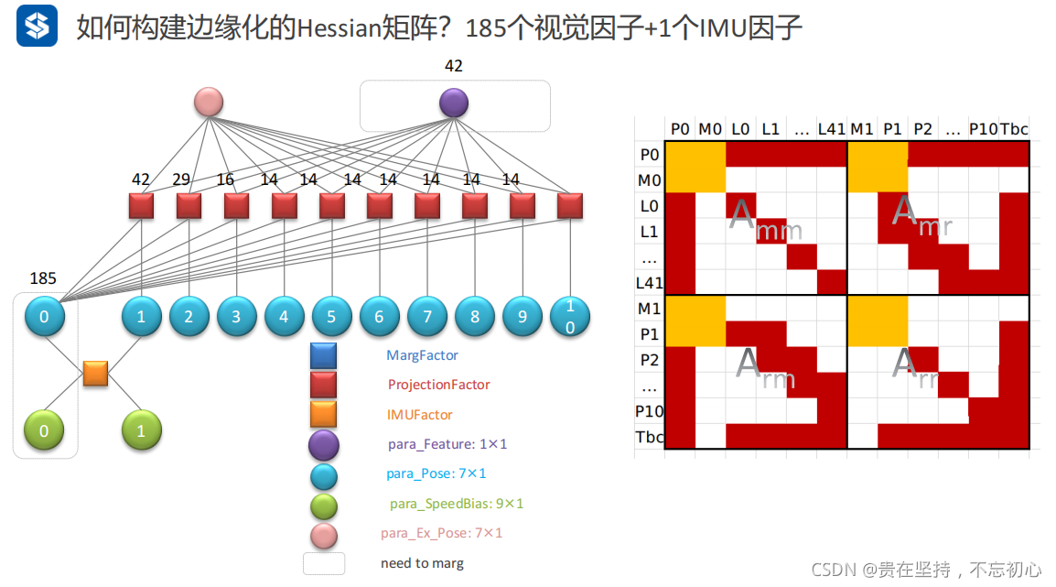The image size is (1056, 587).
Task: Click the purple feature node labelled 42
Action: [x=453, y=103]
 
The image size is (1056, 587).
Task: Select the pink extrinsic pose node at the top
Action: [x=209, y=102]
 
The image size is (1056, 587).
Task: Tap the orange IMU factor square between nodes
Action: [x=95, y=374]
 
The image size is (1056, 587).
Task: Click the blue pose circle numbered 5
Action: [x=331, y=317]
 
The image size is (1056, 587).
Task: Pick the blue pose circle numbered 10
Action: [x=569, y=317]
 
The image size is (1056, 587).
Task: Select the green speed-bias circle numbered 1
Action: [x=141, y=430]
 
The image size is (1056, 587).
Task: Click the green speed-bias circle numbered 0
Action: [x=44, y=430]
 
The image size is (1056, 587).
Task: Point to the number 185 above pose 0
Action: [x=44, y=277]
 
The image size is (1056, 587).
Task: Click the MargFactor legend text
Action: [x=422, y=355]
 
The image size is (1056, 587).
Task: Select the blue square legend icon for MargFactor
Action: [x=323, y=355]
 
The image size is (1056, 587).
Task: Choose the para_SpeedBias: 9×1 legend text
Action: [x=457, y=504]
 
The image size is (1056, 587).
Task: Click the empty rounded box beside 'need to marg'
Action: [x=324, y=563]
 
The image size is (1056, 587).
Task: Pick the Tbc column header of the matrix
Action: [x=1014, y=129]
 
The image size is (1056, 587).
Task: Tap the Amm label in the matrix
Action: [x=764, y=221]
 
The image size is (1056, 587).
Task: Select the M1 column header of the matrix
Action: [x=862, y=129]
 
